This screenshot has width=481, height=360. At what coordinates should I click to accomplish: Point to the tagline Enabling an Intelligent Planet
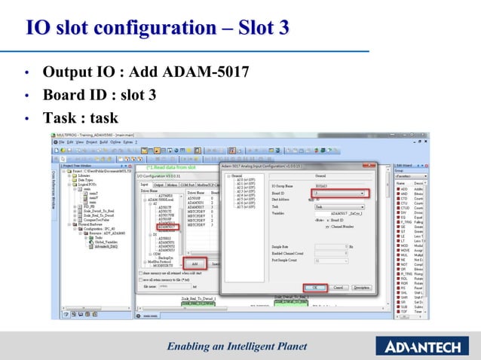point(237,346)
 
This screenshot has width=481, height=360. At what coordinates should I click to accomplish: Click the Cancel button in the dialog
point(338,287)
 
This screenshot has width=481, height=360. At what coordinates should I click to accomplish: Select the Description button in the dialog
point(361,287)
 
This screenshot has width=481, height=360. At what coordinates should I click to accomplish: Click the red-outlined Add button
point(195,264)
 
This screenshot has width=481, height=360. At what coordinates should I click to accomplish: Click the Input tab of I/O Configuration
point(144,184)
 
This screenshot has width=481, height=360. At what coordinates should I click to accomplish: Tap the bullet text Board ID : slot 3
point(100,96)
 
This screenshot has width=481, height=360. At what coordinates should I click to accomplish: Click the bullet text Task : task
point(81,118)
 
